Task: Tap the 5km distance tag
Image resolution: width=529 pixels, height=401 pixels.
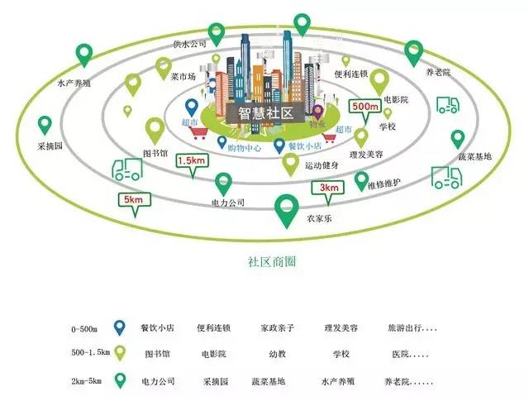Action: pos(133,199)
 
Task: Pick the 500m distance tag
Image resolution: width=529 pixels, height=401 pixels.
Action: pos(365,107)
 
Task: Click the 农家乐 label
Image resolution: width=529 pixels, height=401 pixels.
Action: pos(295,220)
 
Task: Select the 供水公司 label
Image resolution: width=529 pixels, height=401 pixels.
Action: pos(189,44)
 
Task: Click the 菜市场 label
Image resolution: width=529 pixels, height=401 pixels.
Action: pos(183,77)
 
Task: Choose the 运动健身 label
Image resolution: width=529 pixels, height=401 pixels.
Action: pos(322,165)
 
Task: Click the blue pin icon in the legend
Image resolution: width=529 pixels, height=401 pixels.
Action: pos(121,327)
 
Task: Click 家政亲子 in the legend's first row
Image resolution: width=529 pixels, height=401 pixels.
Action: pos(276,328)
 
